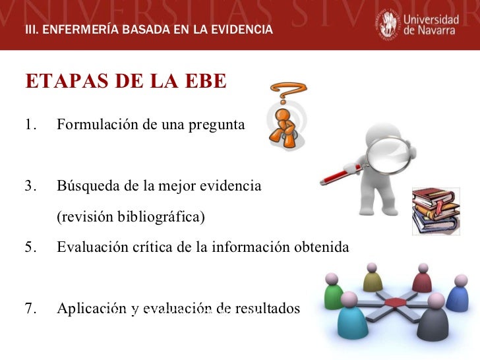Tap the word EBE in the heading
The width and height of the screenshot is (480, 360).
coord(205,81)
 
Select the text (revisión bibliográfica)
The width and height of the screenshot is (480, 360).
coord(131,217)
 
